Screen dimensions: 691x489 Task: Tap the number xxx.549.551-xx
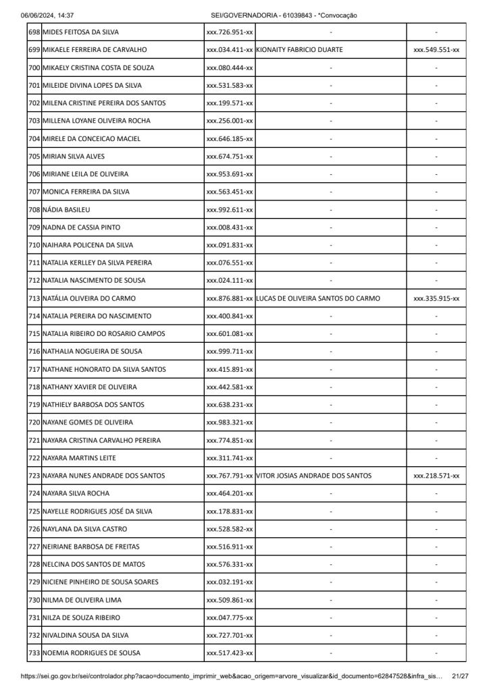[436, 50]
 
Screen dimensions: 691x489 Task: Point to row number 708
[34, 210]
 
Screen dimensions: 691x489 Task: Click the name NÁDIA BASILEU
[66, 210]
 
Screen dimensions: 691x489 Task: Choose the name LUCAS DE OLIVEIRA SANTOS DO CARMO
[318, 298]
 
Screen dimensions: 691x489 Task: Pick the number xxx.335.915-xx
[436, 298]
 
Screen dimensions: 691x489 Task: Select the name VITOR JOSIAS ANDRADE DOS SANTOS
[314, 476]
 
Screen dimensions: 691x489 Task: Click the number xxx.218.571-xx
[436, 476]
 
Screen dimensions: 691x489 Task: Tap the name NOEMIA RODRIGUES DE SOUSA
[92, 653]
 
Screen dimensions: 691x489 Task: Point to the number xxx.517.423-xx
[230, 653]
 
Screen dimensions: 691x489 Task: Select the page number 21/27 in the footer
[460, 675]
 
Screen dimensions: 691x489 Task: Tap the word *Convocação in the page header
[337, 15]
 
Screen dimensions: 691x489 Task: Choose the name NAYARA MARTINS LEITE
[79, 458]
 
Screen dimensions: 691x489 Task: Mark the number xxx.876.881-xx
[230, 298]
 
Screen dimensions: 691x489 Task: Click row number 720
[34, 422]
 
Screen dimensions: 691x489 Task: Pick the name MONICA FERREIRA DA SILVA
[86, 192]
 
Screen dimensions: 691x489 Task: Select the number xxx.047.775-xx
[230, 617]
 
